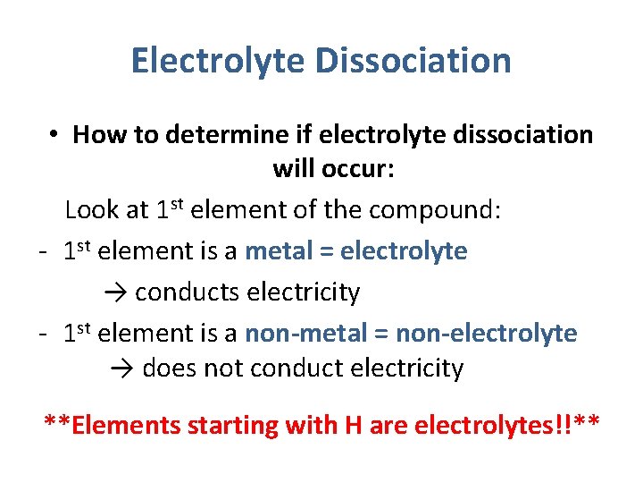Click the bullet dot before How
point(54,134)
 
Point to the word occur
point(355,169)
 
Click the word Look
point(93,210)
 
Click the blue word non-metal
point(293,334)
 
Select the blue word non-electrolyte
point(487,334)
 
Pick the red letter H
point(353,425)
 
